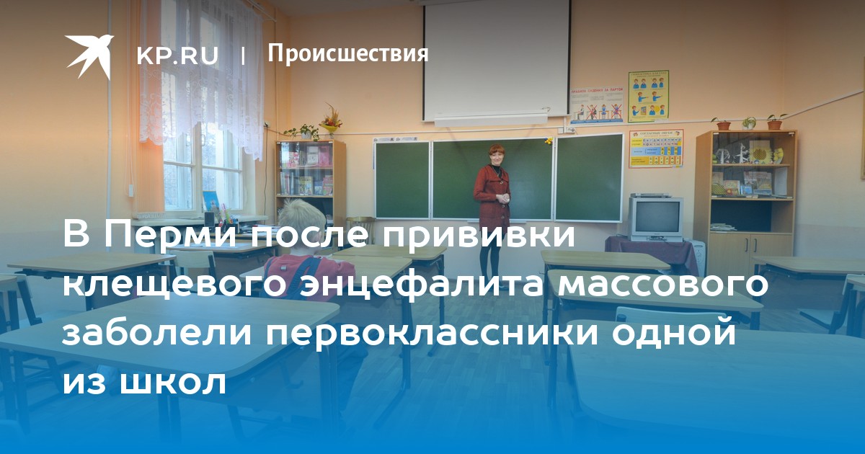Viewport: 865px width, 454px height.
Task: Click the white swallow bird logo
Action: coord(89,56)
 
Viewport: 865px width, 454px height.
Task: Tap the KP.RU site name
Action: coord(177,55)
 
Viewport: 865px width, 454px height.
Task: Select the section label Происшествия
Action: coord(348,53)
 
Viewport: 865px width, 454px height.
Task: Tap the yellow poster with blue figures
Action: coord(648,96)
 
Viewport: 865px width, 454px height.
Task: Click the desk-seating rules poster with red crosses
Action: coord(597,104)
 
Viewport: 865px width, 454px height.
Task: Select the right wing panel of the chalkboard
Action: coord(590,177)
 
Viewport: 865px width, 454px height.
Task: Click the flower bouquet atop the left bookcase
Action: coord(331,119)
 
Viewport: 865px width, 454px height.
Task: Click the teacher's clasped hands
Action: coord(505,198)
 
